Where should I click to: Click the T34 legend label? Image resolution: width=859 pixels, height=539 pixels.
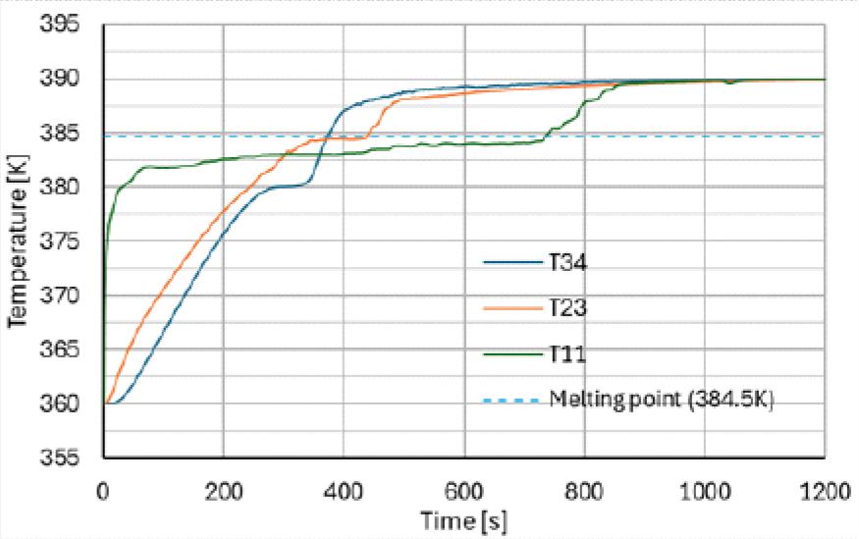tap(566, 262)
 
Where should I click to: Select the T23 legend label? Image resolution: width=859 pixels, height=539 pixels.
tap(566, 308)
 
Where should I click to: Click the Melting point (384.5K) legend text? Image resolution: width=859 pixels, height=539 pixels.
tap(663, 400)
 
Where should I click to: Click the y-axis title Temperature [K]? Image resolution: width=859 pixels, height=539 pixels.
tap(18, 241)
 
